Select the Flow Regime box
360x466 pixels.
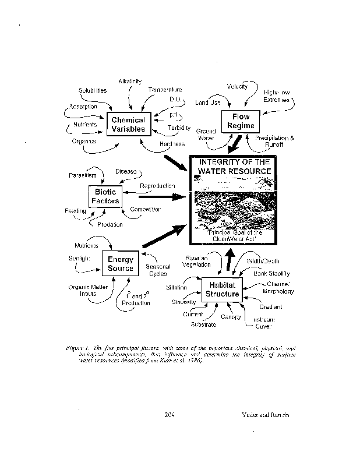pos(241,121)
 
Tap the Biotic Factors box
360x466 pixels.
pos(105,196)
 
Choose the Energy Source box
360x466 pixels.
pos(121,264)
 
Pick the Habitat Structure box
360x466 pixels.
pos(222,290)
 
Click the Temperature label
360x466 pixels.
pos(165,90)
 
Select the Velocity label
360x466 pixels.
pos(238,86)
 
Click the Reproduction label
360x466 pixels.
pos(157,185)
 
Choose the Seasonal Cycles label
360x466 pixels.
pos(156,270)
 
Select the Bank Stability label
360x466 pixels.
pos(271,273)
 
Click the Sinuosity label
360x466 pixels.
pos(183,302)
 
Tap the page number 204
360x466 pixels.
pos(170,414)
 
